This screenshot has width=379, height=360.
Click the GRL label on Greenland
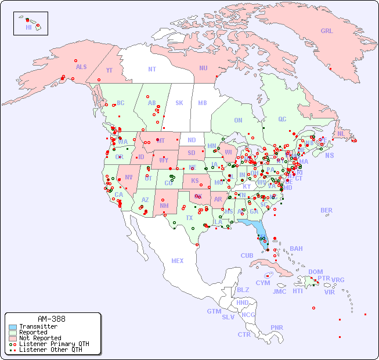[x=327, y=31]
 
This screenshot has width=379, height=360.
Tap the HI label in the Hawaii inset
[x=28, y=27]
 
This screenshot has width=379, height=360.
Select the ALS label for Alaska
[x=81, y=67]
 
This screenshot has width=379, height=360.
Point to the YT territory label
[x=109, y=70]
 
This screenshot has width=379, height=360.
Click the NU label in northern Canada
[x=203, y=68]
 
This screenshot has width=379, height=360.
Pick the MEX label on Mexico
[x=177, y=261]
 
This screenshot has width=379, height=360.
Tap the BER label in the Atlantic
[x=326, y=210]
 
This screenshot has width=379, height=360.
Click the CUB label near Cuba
[x=247, y=255]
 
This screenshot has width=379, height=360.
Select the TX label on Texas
[x=189, y=218]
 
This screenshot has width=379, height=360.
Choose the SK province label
[x=179, y=103]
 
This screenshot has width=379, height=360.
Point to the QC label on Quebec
[x=282, y=119]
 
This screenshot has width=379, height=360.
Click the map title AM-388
[x=51, y=319]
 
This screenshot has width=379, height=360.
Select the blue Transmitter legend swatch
[x=13, y=327]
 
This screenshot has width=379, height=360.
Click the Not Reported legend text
[x=39, y=338]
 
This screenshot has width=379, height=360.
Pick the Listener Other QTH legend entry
[x=50, y=350]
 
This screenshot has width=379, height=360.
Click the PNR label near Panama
[x=276, y=327]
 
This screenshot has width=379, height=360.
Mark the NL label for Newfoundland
[x=341, y=133]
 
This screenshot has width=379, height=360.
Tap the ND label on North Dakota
[x=192, y=140]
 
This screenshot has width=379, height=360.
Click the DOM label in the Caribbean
[x=315, y=272]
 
